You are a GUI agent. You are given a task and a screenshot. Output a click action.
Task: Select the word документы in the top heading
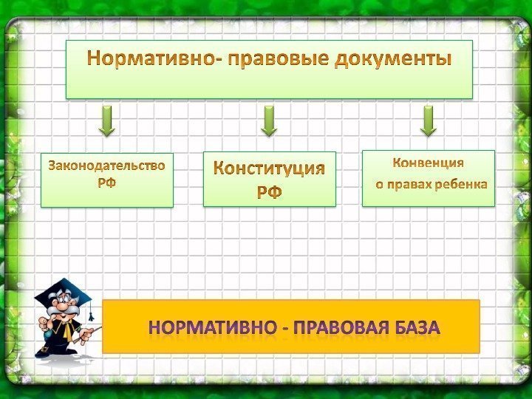[392, 58]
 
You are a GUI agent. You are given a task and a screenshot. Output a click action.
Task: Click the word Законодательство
[106, 164]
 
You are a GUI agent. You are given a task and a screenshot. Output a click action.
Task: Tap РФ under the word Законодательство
[106, 182]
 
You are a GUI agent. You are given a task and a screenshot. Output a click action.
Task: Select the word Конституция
[269, 168]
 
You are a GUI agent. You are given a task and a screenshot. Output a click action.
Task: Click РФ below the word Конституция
[269, 193]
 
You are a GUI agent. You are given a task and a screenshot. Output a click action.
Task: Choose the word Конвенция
[428, 163]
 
